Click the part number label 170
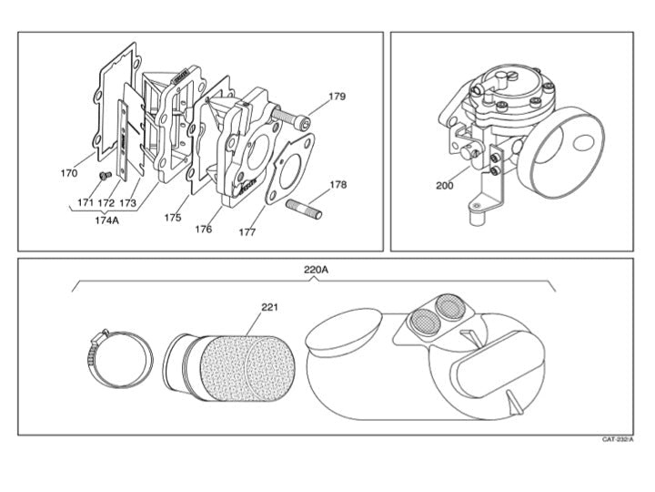tap(69, 173)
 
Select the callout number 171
tap(86, 202)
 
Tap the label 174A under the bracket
tap(107, 220)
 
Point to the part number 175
tap(173, 218)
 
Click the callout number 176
tap(204, 229)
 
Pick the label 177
tap(247, 231)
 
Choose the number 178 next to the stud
tap(338, 184)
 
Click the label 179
tap(337, 97)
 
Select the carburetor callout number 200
tap(445, 185)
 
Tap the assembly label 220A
tap(316, 270)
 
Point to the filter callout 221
tap(269, 307)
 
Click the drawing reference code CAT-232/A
tap(618, 439)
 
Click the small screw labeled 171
tap(105, 175)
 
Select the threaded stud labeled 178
tap(304, 210)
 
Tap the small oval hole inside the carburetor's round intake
tap(583, 143)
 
